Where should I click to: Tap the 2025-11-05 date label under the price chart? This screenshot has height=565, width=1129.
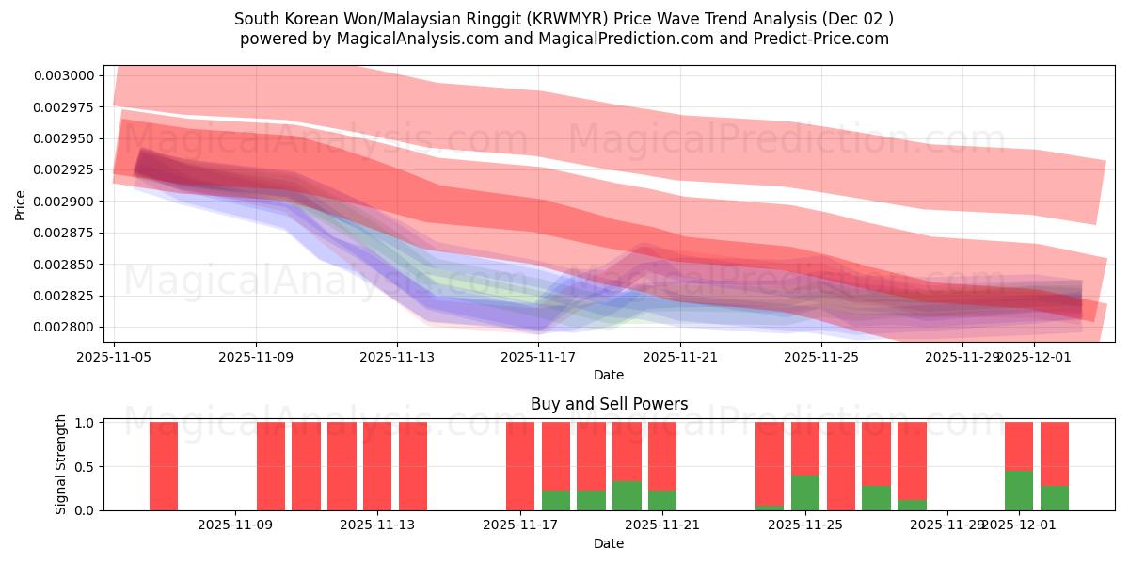click(114, 357)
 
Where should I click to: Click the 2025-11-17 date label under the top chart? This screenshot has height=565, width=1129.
click(538, 357)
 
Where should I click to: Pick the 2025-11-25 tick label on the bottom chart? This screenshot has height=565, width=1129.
click(804, 525)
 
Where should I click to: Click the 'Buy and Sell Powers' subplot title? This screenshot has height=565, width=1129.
click(609, 404)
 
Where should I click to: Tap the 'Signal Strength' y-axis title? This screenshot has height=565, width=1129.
click(62, 463)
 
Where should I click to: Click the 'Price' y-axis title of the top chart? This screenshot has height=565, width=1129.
click(21, 204)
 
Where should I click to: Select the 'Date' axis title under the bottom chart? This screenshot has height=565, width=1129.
click(609, 543)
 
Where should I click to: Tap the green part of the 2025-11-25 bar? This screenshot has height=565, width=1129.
click(805, 492)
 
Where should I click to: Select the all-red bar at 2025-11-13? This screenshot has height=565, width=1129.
click(413, 466)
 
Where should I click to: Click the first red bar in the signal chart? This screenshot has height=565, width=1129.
click(164, 466)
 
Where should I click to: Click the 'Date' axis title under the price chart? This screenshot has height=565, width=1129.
click(609, 375)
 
